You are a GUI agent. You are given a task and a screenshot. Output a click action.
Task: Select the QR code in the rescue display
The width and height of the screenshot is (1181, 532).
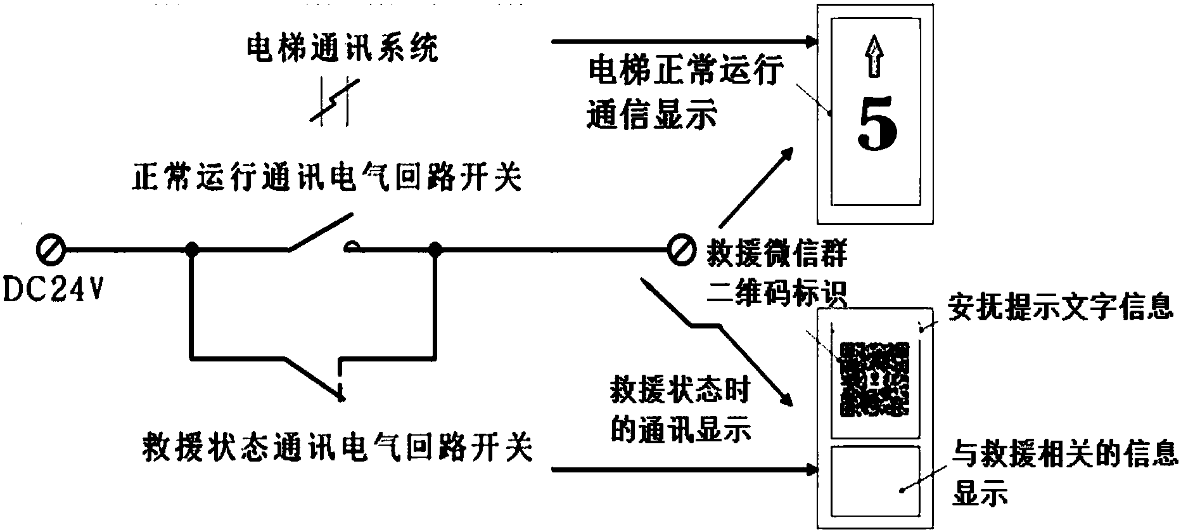tap(874, 379)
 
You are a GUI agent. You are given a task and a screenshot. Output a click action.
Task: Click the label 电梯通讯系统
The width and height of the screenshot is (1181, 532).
tap(342, 49)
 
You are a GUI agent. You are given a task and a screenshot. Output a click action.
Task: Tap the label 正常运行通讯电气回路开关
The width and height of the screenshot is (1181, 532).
tap(327, 178)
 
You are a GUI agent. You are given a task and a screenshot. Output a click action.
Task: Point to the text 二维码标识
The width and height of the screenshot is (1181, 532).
tap(776, 294)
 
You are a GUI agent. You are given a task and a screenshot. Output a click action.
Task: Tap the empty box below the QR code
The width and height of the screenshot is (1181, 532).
tap(874, 483)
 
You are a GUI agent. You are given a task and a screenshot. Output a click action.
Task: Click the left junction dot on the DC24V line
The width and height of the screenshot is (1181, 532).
tap(192, 249)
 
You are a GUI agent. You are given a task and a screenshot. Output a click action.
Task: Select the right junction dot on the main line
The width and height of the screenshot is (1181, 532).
tap(435, 249)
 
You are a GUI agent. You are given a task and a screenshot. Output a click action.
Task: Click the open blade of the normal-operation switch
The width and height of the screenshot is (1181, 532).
tap(321, 232)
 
